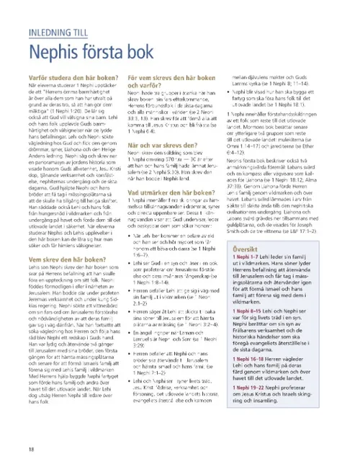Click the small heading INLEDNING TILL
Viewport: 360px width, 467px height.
click(61, 32)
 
